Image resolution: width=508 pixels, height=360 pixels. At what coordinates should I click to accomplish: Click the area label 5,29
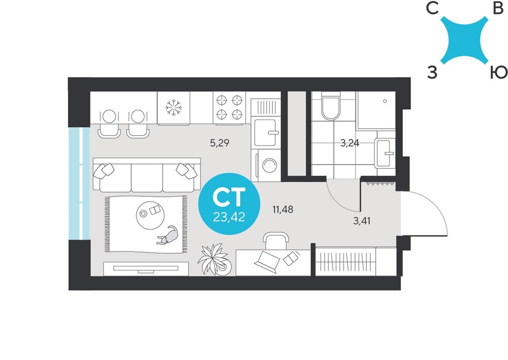pyautogui.click(x=219, y=143)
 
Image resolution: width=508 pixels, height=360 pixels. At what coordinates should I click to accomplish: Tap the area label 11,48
pyautogui.click(x=283, y=209)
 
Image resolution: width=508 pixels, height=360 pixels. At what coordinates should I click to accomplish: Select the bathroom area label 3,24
pyautogui.click(x=350, y=143)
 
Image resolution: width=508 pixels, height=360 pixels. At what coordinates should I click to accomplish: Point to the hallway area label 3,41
pyautogui.click(x=362, y=221)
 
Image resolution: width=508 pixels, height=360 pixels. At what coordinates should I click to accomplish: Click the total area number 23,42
pyautogui.click(x=229, y=217)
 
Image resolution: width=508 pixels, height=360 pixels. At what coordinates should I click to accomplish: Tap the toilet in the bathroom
pyautogui.click(x=331, y=106)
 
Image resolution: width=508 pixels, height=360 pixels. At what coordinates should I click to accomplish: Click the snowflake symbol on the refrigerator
pyautogui.click(x=174, y=108)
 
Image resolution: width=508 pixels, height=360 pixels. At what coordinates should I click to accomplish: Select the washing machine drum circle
pyautogui.click(x=270, y=165)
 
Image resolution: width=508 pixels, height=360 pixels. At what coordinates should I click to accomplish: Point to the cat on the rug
pyautogui.click(x=168, y=236)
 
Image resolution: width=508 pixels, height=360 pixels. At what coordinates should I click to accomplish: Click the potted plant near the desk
pyautogui.click(x=214, y=259)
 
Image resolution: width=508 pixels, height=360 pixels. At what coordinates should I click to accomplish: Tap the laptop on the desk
pyautogui.click(x=267, y=261)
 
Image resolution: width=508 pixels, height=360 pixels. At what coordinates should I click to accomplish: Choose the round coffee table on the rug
pyautogui.click(x=150, y=215)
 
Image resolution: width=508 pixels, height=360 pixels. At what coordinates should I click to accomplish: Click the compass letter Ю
pyautogui.click(x=498, y=72)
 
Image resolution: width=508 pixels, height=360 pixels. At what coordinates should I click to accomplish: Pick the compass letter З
pyautogui.click(x=432, y=72)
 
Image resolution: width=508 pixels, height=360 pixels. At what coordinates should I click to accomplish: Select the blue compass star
pyautogui.click(x=464, y=40)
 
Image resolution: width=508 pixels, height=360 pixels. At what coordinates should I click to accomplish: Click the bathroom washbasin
pyautogui.click(x=385, y=153)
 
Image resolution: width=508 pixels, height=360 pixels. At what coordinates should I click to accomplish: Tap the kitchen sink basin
pyautogui.click(x=265, y=133)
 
